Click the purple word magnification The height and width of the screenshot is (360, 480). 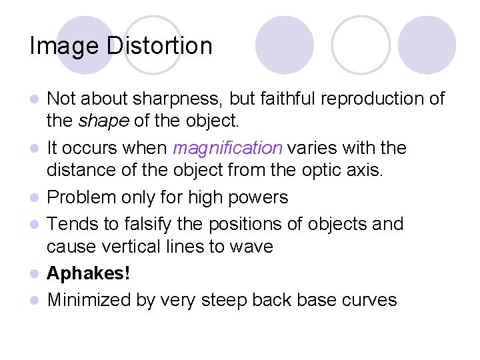pyautogui.click(x=228, y=148)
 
